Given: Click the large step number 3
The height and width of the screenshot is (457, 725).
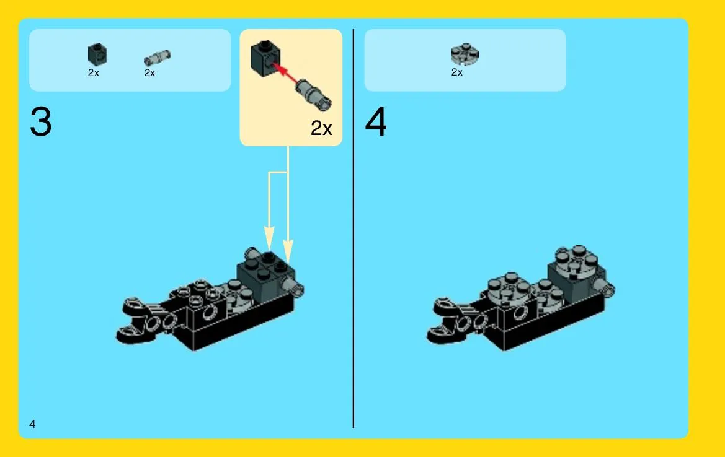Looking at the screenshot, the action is [x=41, y=122].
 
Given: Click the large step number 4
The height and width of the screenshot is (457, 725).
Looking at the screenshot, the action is [x=375, y=122].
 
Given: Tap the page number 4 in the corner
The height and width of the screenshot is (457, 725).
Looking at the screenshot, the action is [x=32, y=424].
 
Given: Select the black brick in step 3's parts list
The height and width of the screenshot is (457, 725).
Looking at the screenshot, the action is [x=97, y=54].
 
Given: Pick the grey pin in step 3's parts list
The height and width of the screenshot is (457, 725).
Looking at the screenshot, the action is [x=157, y=58].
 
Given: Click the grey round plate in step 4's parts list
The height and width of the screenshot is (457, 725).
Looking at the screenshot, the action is [x=465, y=54].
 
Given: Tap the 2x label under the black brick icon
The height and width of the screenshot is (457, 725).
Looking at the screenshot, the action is [x=94, y=73].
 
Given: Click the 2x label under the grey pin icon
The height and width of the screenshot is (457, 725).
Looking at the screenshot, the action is [x=150, y=73].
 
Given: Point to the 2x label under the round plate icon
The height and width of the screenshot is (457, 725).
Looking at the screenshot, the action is [x=457, y=72].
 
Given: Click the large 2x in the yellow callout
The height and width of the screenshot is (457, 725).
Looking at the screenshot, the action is [x=321, y=128].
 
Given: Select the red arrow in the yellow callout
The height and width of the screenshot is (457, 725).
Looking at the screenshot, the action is [x=286, y=74].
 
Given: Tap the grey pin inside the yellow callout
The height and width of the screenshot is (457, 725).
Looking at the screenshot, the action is [x=314, y=95].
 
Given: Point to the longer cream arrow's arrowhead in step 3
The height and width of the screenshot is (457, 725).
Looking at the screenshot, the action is [x=288, y=251].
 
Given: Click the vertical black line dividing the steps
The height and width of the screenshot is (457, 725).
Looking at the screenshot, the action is [x=354, y=228].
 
